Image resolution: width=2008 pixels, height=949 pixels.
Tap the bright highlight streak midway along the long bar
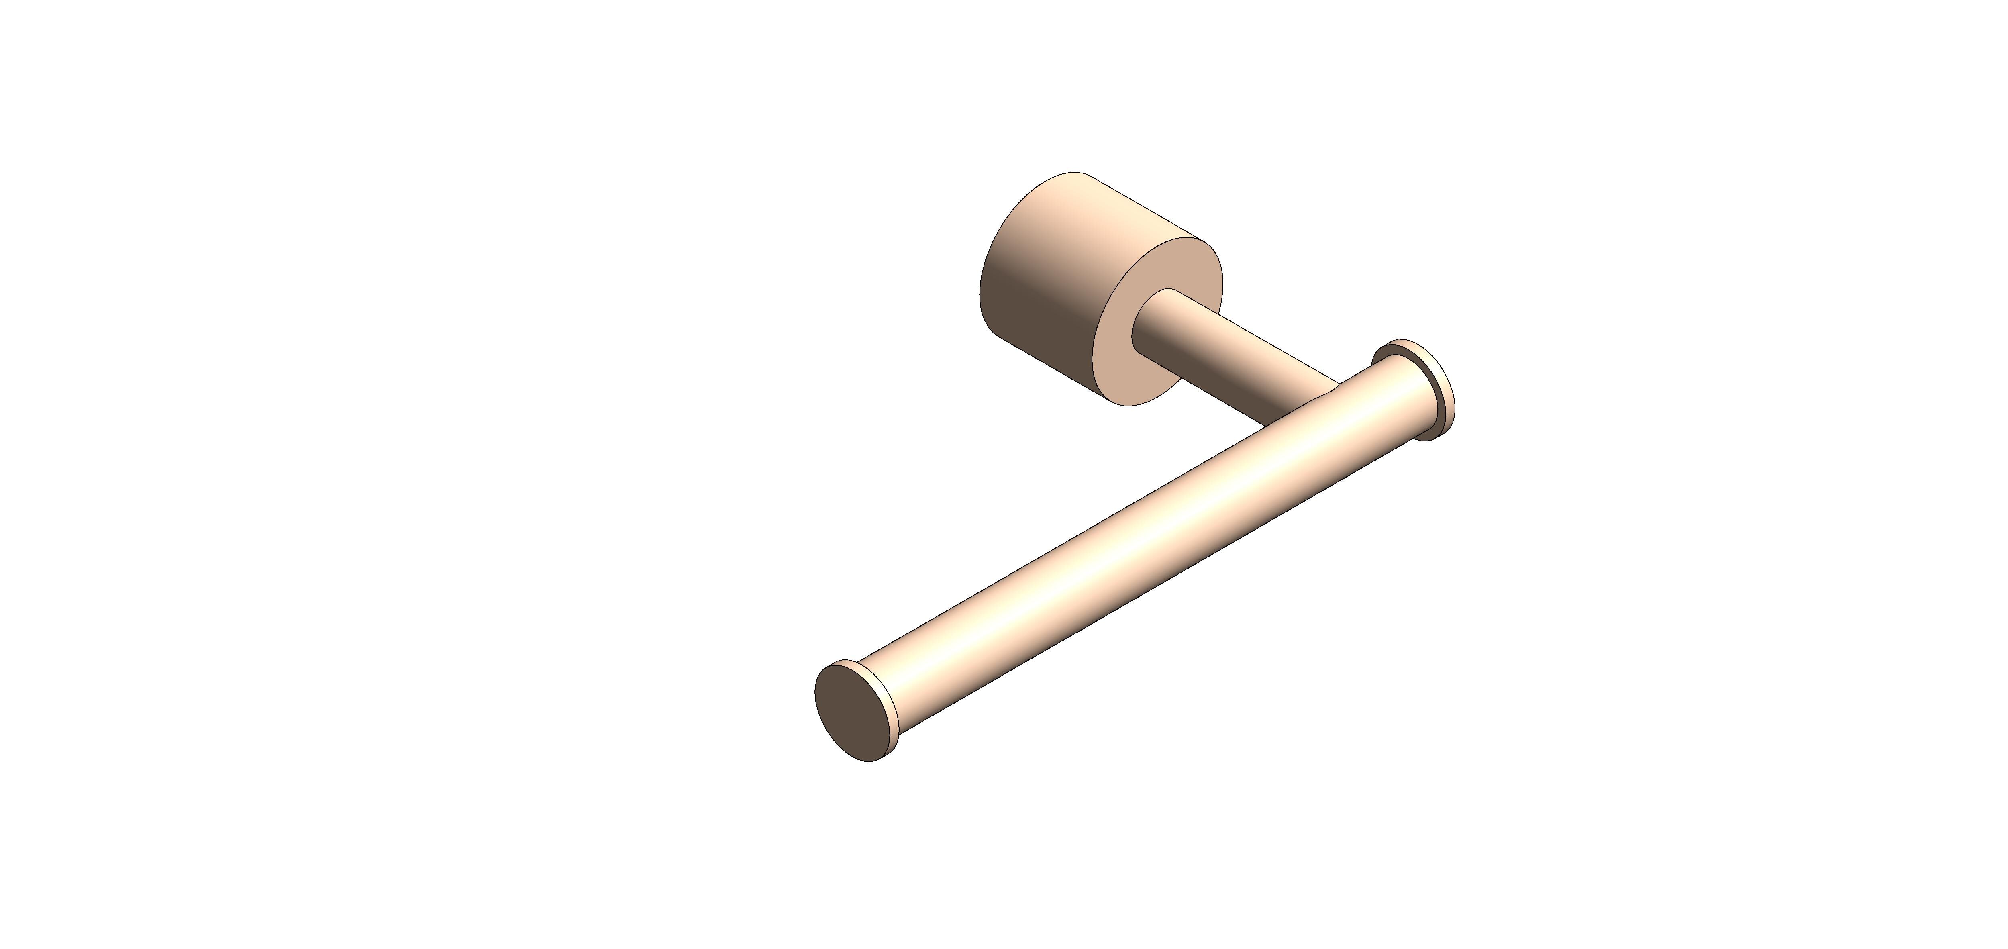1130,538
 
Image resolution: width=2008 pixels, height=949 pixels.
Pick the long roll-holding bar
1130,546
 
